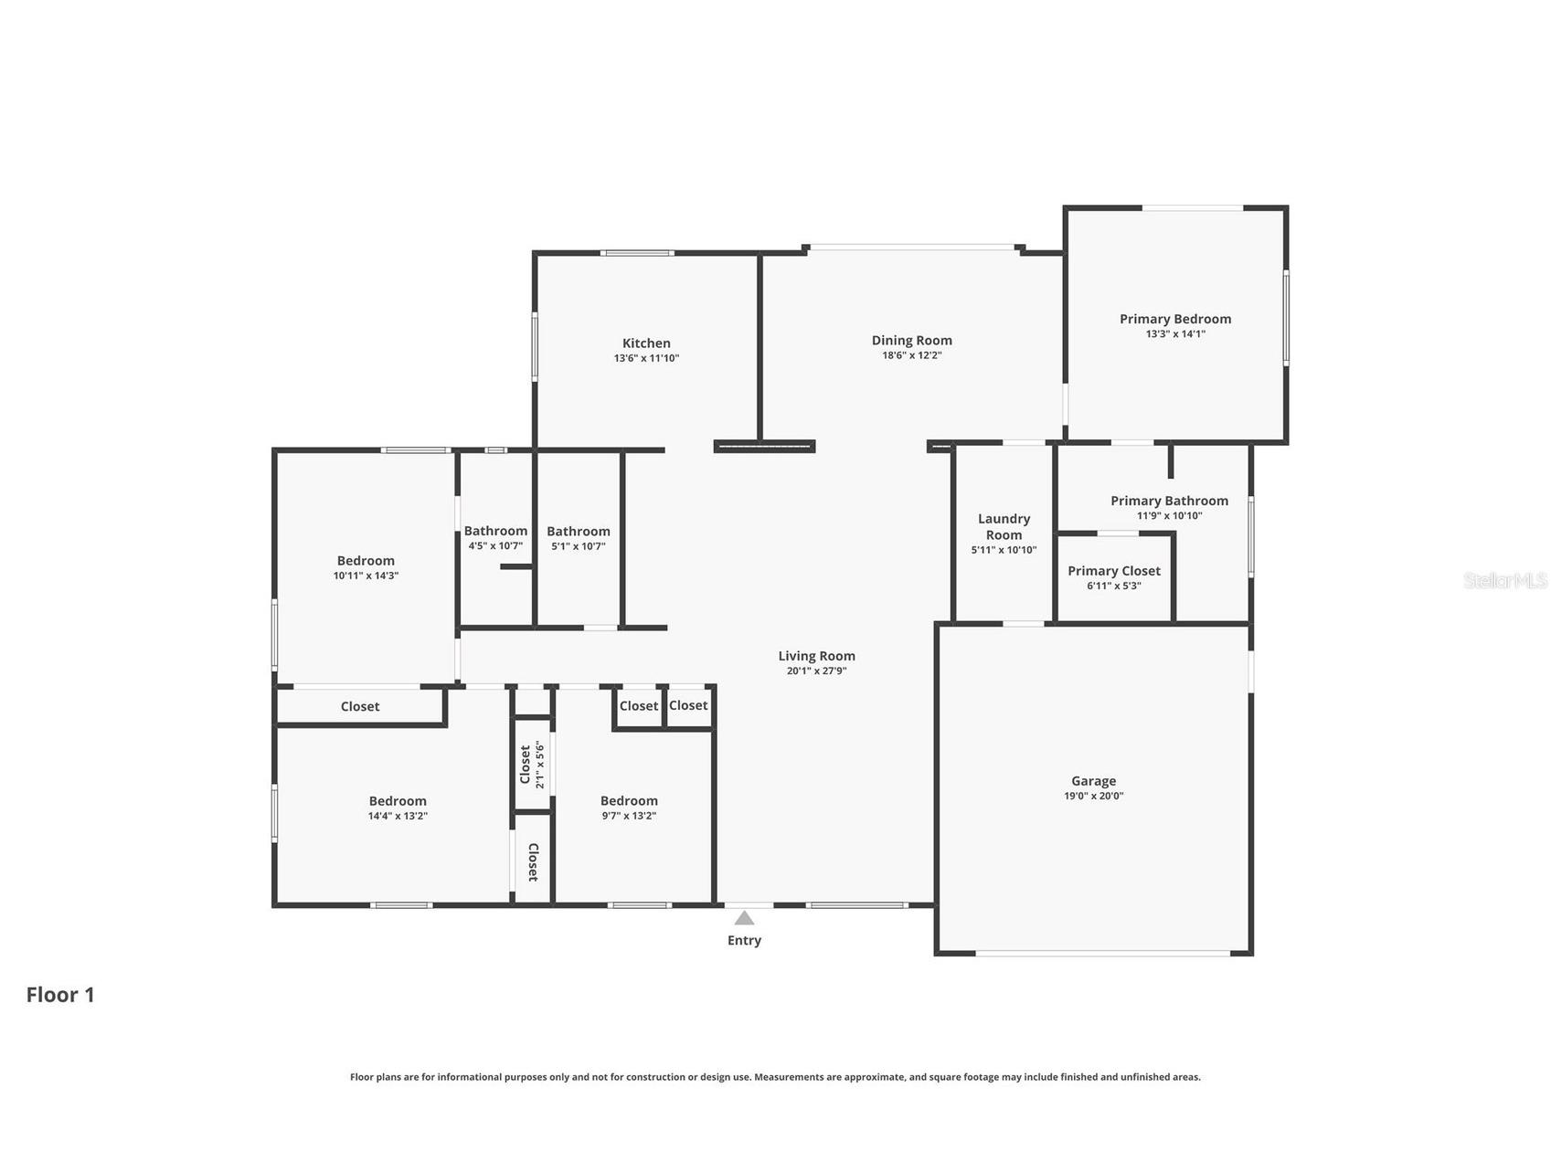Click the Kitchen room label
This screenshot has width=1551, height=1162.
tap(646, 343)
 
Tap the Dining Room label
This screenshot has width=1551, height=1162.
tap(911, 341)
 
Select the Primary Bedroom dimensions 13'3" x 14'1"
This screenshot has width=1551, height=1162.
tap(1175, 334)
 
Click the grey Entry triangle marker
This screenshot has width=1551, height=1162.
tap(744, 918)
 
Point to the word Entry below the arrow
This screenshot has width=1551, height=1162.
tap(744, 941)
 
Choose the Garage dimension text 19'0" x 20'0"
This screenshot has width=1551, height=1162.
tap(1094, 796)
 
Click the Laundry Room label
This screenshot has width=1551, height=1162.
tap(1004, 527)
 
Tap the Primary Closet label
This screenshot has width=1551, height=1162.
tap(1114, 571)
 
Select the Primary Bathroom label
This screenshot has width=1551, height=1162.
tap(1169, 501)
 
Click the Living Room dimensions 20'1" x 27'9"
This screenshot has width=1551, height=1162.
tap(817, 671)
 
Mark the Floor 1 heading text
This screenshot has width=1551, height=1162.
tap(60, 995)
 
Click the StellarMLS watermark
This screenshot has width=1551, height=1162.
tap(1505, 581)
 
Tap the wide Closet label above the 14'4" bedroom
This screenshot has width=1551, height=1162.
tap(360, 706)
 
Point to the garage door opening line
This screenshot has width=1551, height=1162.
tap(1103, 954)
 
